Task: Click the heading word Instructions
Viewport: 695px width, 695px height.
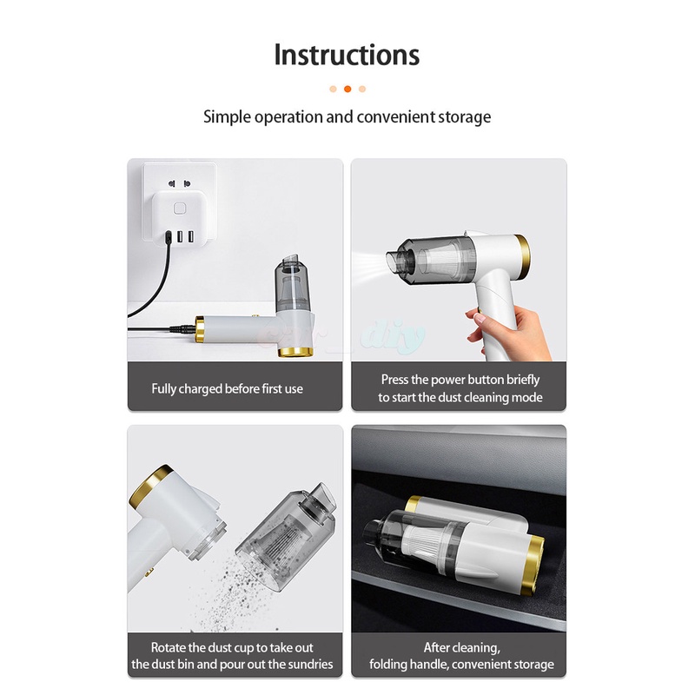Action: click(347, 54)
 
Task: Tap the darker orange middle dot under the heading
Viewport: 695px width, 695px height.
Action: click(347, 89)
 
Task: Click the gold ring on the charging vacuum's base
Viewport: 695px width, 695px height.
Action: click(295, 352)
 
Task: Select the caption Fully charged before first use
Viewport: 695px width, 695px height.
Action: click(227, 388)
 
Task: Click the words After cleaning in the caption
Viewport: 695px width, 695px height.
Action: click(461, 647)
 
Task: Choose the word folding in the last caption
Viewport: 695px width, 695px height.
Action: click(392, 665)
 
